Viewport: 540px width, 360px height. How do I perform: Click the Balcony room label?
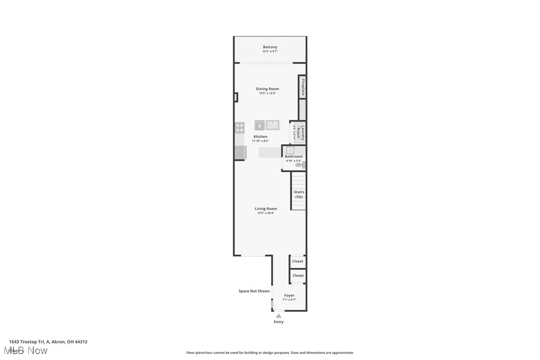point(270,47)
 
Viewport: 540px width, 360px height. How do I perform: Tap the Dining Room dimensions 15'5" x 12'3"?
point(267,93)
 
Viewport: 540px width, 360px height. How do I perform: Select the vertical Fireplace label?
point(302,87)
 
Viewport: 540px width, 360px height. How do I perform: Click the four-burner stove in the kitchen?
point(240,127)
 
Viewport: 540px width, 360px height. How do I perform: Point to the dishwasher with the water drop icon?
point(260,125)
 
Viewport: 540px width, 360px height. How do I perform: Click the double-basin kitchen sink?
point(272,125)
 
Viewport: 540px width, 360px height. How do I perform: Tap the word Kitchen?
point(260,137)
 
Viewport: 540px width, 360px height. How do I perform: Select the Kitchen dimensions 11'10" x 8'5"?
point(260,141)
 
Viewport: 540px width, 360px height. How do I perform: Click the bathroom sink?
point(290,150)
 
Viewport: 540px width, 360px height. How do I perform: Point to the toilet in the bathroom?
point(299,165)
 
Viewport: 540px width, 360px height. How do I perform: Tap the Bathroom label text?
point(293,157)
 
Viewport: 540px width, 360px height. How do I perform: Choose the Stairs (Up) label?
point(299,194)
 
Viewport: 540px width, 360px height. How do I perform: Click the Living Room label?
point(266,209)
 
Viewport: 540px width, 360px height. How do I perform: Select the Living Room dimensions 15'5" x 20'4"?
point(266,213)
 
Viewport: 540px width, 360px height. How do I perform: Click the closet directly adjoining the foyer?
point(298,275)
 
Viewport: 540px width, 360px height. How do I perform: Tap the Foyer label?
point(289,295)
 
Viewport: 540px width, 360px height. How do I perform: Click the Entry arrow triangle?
point(278,316)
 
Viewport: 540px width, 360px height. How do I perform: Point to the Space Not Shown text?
point(254,291)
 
